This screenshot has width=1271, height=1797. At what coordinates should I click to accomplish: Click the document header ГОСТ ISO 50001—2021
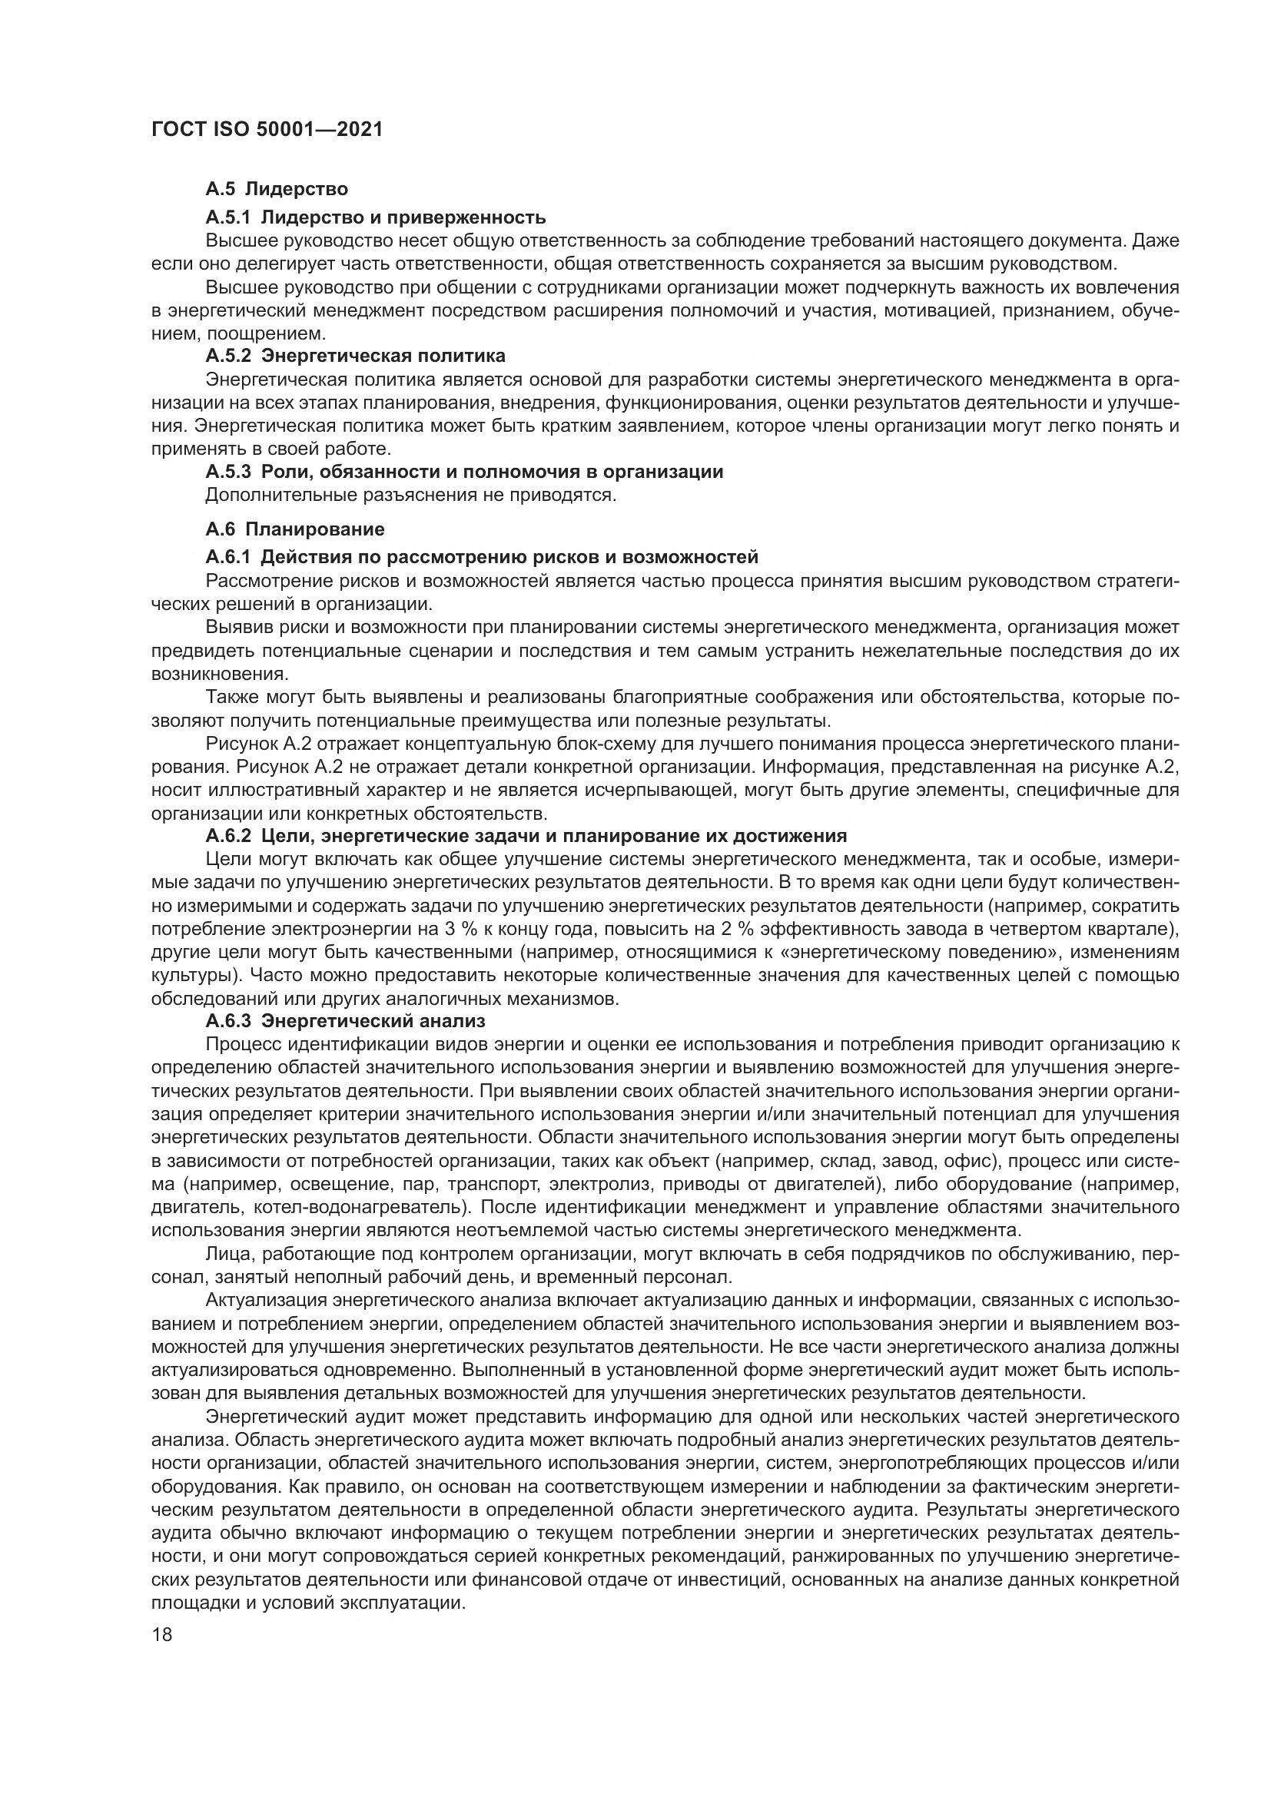(266, 129)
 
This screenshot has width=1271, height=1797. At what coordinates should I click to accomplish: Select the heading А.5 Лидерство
(277, 189)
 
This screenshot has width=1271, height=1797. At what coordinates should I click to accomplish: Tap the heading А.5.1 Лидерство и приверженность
(376, 217)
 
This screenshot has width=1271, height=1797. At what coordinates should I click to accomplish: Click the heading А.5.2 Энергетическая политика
(355, 356)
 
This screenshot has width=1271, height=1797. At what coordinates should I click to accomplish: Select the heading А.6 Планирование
(295, 529)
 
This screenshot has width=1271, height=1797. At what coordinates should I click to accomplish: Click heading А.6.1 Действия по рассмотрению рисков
(482, 557)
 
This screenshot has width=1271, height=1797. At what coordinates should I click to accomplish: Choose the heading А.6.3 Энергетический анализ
(345, 1020)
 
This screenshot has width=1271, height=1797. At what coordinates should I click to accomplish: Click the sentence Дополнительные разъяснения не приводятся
(411, 496)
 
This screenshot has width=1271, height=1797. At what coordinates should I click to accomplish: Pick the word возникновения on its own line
(218, 673)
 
